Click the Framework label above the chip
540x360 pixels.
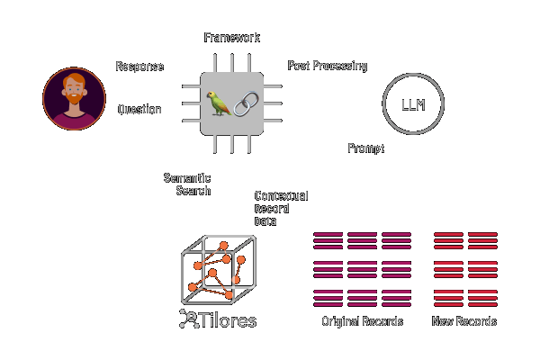point(232,38)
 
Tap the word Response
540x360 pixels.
point(139,66)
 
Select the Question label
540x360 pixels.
point(139,109)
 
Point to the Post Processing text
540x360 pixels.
point(328,66)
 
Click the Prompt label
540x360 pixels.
point(365,148)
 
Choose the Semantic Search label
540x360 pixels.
point(187,184)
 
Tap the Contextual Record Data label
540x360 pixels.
point(281,209)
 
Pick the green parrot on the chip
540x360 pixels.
point(219,103)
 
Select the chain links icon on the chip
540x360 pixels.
point(246,103)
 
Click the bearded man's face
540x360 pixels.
point(74,90)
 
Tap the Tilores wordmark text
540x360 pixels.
point(228,320)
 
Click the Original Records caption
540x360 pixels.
point(363,321)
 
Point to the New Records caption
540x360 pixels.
point(464,321)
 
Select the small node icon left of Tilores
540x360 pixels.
point(189,319)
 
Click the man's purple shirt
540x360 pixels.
point(74,121)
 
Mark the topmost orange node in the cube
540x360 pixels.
point(223,246)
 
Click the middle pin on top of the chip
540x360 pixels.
point(232,63)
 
